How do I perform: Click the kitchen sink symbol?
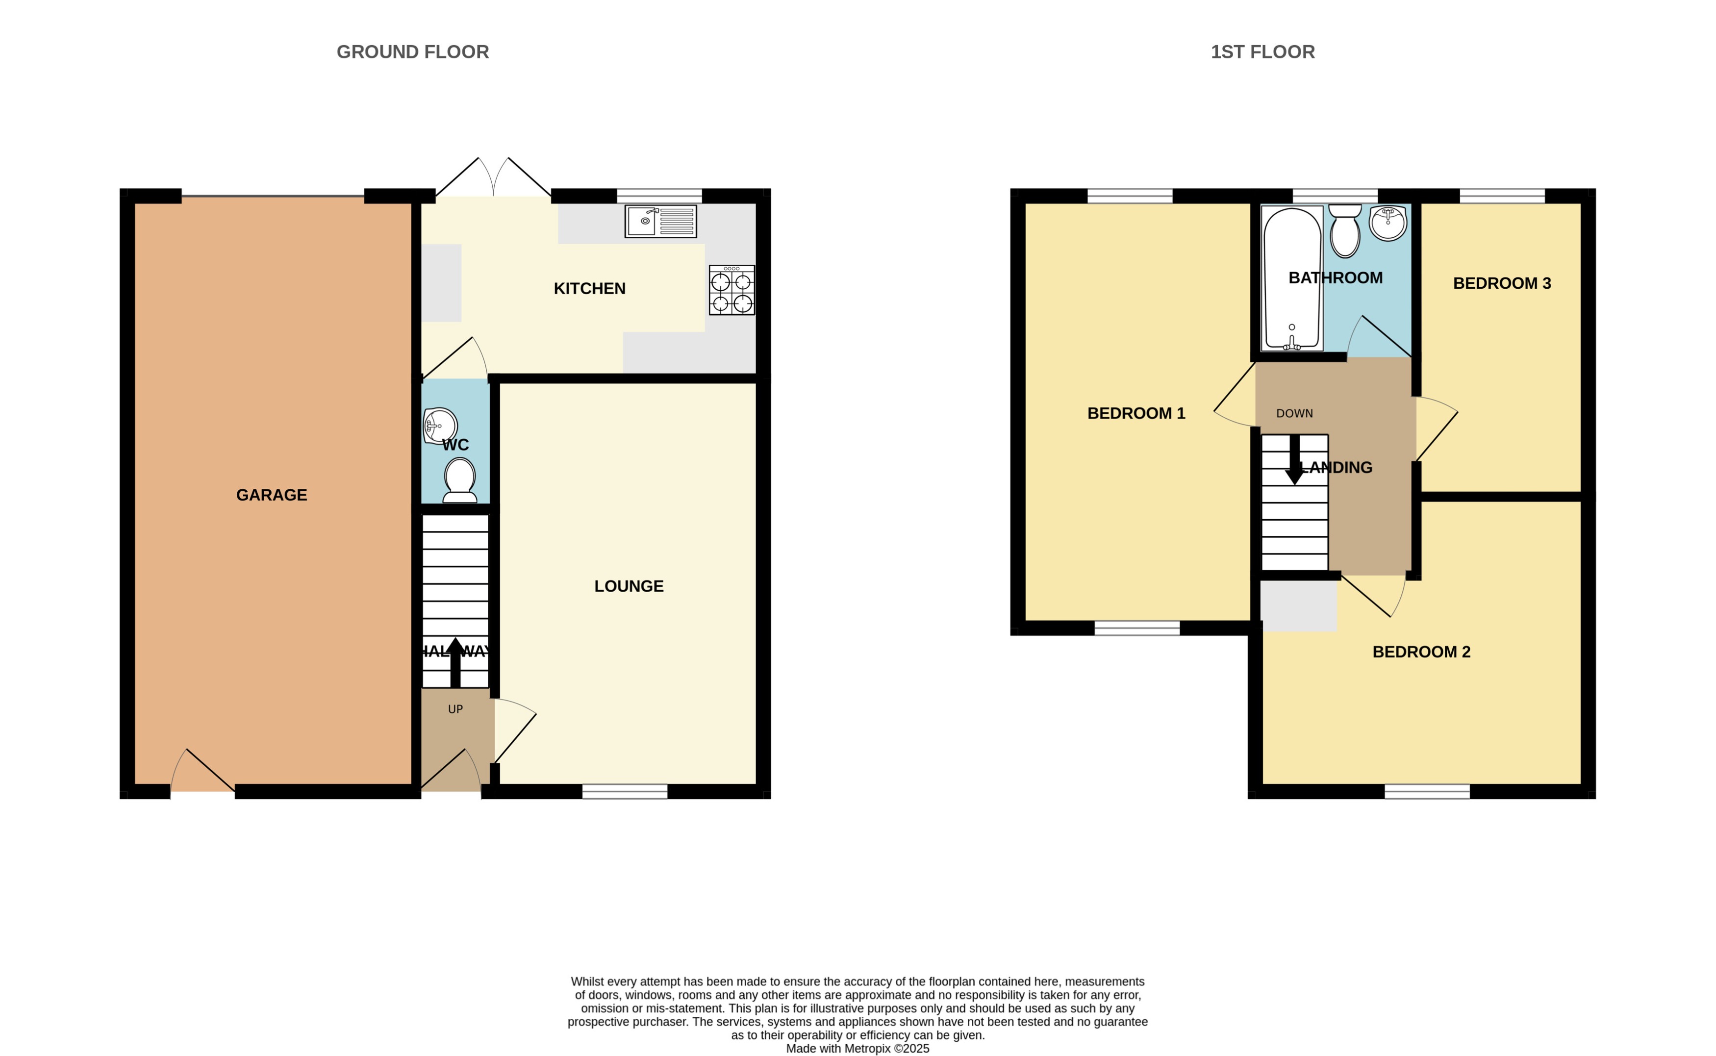(660, 222)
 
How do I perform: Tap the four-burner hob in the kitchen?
(731, 290)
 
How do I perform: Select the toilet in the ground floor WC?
(459, 480)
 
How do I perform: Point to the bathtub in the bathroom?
(1291, 278)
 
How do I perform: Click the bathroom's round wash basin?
(1387, 224)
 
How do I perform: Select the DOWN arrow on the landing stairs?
(1294, 459)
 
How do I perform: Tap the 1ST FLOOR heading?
(1262, 51)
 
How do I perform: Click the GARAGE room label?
(271, 495)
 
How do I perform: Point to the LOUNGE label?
(629, 586)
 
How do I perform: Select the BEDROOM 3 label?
(1502, 283)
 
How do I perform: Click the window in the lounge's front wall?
(625, 791)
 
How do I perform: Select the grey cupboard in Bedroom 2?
(1298, 605)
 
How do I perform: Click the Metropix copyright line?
(857, 1048)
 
